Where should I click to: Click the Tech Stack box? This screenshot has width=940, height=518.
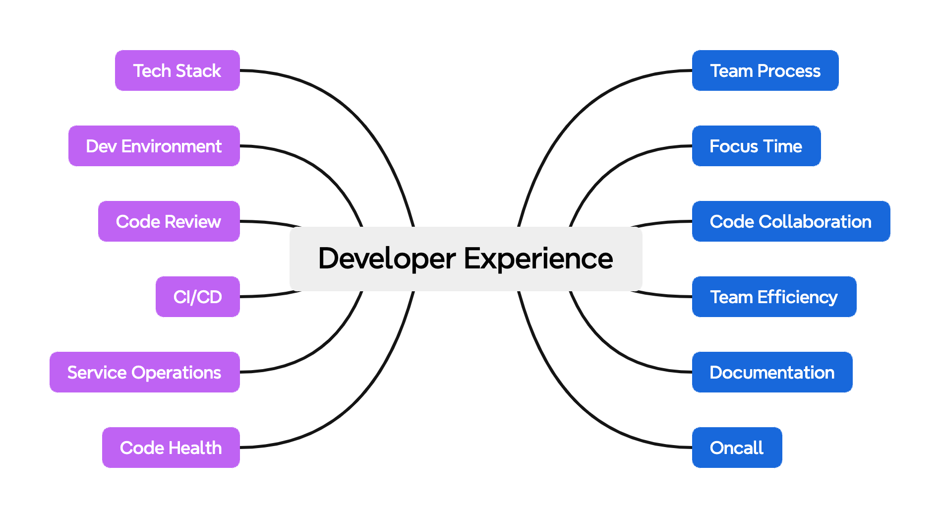(177, 70)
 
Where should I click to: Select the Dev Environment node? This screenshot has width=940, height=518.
(154, 146)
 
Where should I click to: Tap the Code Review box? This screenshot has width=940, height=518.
(169, 221)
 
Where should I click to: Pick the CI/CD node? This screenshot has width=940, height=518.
(197, 297)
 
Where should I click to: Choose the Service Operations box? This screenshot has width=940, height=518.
(144, 372)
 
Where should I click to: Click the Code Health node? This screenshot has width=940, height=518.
(171, 448)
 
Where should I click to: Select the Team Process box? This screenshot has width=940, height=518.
(765, 70)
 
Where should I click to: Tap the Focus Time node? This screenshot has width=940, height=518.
(756, 146)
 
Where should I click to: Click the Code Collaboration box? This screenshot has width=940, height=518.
(791, 221)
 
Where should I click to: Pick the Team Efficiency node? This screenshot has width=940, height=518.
(774, 297)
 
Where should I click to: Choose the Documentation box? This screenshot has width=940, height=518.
(772, 372)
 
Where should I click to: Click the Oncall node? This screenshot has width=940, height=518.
(737, 448)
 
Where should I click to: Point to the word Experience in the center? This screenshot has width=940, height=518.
(538, 259)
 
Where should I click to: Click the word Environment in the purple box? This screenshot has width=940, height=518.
(171, 146)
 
